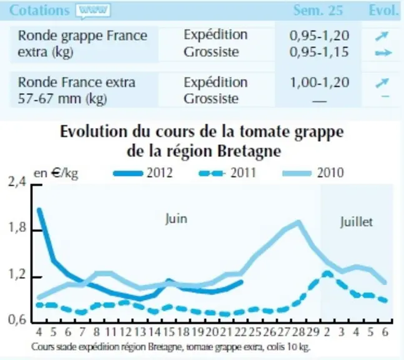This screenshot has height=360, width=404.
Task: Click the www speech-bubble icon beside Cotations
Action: pyautogui.click(x=93, y=11)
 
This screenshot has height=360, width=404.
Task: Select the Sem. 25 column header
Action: pyautogui.click(x=318, y=11)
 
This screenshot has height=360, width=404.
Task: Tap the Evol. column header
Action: pyautogui.click(x=384, y=11)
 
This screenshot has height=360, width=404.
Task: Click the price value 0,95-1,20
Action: pyautogui.click(x=319, y=36)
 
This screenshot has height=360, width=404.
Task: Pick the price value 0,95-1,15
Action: pyautogui.click(x=319, y=52)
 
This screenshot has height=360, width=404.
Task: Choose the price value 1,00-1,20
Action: pyautogui.click(x=320, y=82)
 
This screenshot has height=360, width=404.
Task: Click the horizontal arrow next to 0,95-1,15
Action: pyautogui.click(x=383, y=53)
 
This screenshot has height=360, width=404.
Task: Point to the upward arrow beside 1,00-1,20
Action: pyautogui.click(x=382, y=83)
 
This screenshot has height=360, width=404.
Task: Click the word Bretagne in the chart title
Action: pyautogui.click(x=249, y=151)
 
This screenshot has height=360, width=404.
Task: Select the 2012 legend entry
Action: pyautogui.click(x=143, y=173)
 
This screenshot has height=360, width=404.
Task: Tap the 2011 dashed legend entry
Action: pyautogui.click(x=227, y=173)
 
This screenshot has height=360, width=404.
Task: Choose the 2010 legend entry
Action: pyautogui.click(x=313, y=173)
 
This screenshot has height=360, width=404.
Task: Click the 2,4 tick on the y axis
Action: pyautogui.click(x=17, y=182)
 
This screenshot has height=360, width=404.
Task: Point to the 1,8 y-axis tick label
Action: pyautogui.click(x=17, y=227)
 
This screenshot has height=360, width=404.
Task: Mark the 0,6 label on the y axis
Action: pyautogui.click(x=17, y=320)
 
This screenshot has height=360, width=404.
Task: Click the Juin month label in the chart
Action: pyautogui.click(x=176, y=219)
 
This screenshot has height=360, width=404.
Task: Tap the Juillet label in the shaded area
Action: pyautogui.click(x=357, y=222)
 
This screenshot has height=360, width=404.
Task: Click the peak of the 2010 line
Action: pyautogui.click(x=298, y=222)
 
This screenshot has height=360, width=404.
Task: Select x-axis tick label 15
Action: pyautogui.click(x=169, y=332)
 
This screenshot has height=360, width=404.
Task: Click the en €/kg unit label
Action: pyautogui.click(x=56, y=174)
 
